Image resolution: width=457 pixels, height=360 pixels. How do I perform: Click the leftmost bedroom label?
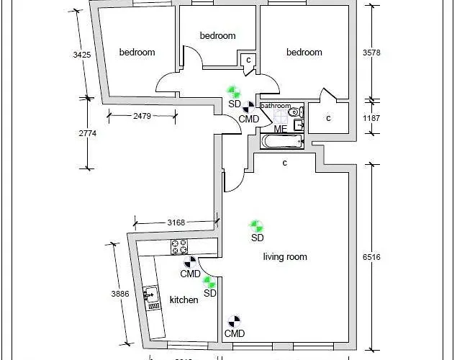pos(137,53)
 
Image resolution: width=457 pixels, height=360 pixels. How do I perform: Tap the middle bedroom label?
pos(217,36)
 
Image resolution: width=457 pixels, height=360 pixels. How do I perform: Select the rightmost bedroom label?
pos(304,53)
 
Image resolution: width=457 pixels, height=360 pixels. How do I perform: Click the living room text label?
pos(285,257)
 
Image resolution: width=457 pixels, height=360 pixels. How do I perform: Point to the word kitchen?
pos(184,300)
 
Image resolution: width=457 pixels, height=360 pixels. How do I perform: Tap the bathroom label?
pos(276,106)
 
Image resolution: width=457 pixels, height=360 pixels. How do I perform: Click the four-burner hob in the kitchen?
pos(179,247)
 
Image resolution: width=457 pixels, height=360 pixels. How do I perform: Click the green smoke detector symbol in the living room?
pos(253,226)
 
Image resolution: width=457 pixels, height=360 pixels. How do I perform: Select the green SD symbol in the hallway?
pos(232,92)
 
